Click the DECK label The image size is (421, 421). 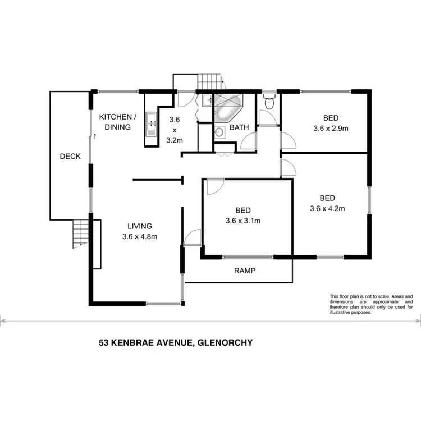point(70,157)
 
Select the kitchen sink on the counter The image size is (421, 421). point(150,124)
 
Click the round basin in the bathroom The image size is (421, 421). point(218,132)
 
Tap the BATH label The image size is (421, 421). point(239,127)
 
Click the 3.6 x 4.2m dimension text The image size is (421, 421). point(327,208)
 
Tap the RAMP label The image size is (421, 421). point(245,270)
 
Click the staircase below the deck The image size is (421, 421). point(81,233)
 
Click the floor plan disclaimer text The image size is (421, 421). point(370,304)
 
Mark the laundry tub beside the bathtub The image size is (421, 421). point(207,102)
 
